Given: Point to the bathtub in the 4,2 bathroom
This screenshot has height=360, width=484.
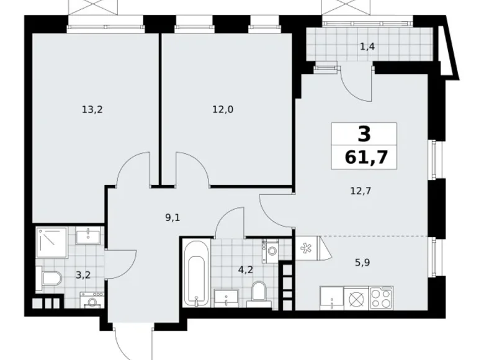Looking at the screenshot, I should click(195, 273).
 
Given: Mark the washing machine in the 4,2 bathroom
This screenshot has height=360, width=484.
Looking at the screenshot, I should click(271, 250).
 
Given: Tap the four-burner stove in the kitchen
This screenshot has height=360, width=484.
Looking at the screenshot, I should click(381, 297).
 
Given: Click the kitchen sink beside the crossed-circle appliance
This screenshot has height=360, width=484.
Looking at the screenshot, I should click(332, 297).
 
